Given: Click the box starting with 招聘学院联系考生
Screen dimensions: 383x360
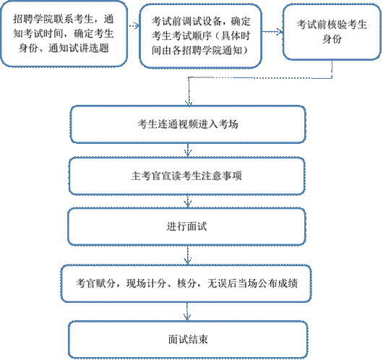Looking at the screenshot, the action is point(64,34).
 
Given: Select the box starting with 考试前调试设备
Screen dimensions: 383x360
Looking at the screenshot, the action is point(201,35).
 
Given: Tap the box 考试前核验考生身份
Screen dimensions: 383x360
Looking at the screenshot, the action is point(332,32).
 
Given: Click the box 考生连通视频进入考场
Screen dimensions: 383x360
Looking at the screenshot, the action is point(188,124).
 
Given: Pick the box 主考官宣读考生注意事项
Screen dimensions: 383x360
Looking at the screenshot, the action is point(187,176).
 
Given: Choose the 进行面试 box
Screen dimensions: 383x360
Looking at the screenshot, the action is point(187,226).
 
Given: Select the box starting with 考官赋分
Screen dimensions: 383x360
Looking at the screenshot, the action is point(186,283).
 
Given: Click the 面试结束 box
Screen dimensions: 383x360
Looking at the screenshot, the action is point(188,340).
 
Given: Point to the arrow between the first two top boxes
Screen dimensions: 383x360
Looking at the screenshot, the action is point(134,25).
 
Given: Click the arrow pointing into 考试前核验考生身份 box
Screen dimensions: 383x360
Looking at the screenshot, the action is point(272,32).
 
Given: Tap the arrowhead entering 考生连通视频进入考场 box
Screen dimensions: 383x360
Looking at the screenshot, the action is point(189,103).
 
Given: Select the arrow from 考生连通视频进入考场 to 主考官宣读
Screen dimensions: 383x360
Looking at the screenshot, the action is point(188,150).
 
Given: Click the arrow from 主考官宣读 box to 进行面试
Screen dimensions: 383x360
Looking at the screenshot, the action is point(188,201).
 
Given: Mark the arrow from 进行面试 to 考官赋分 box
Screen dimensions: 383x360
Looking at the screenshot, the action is point(188,255).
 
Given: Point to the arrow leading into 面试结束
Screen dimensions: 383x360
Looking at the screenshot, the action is point(187,312).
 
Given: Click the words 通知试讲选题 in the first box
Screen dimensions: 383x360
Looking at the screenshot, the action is point(79,48).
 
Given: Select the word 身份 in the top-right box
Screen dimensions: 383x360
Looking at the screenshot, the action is point(332,39).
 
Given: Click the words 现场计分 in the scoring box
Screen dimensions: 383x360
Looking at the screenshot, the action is point(146,283).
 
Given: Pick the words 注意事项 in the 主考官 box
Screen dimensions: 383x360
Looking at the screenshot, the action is point(222,176).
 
